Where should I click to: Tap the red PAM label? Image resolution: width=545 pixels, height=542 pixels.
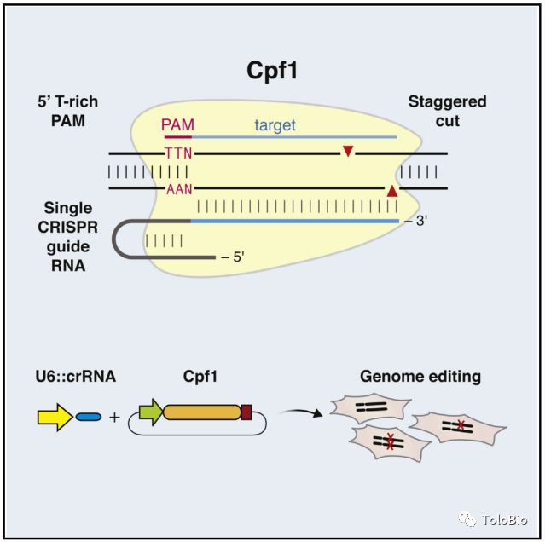[177, 124]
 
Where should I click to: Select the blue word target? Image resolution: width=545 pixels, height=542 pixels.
[275, 125]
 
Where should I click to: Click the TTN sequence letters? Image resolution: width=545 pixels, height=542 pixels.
[179, 153]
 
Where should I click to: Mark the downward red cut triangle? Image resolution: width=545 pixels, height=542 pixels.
[348, 152]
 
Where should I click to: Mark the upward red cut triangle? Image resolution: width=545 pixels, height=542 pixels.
[391, 192]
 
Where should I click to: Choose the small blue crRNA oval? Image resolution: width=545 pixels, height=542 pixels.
[88, 417]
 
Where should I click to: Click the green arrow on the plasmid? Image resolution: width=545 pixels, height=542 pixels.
[150, 413]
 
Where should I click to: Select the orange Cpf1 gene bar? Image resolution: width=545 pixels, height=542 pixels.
[202, 413]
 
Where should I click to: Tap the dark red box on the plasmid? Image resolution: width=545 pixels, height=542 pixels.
[246, 413]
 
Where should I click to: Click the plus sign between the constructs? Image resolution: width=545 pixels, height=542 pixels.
[115, 417]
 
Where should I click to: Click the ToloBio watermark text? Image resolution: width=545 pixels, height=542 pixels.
[504, 520]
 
